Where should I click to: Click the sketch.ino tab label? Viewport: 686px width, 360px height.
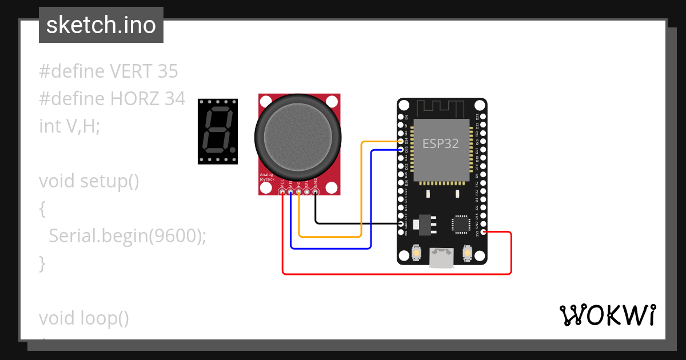(101, 25)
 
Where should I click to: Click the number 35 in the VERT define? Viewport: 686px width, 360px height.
(166, 71)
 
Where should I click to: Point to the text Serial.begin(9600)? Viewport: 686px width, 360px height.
(127, 235)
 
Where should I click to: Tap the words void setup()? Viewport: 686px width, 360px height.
(89, 181)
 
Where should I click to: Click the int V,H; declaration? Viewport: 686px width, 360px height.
(69, 126)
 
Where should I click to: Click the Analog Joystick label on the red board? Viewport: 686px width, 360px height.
(268, 177)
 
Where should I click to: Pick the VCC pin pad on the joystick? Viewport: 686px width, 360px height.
(282, 193)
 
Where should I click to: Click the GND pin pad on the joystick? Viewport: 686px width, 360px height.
(316, 193)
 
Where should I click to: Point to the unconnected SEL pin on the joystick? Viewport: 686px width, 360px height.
(308, 193)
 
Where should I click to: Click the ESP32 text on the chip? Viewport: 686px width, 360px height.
(440, 143)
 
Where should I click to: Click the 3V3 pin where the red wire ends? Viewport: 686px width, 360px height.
(484, 231)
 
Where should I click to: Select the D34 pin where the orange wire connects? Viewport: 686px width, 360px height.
(400, 142)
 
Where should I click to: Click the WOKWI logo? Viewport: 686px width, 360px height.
(608, 315)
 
